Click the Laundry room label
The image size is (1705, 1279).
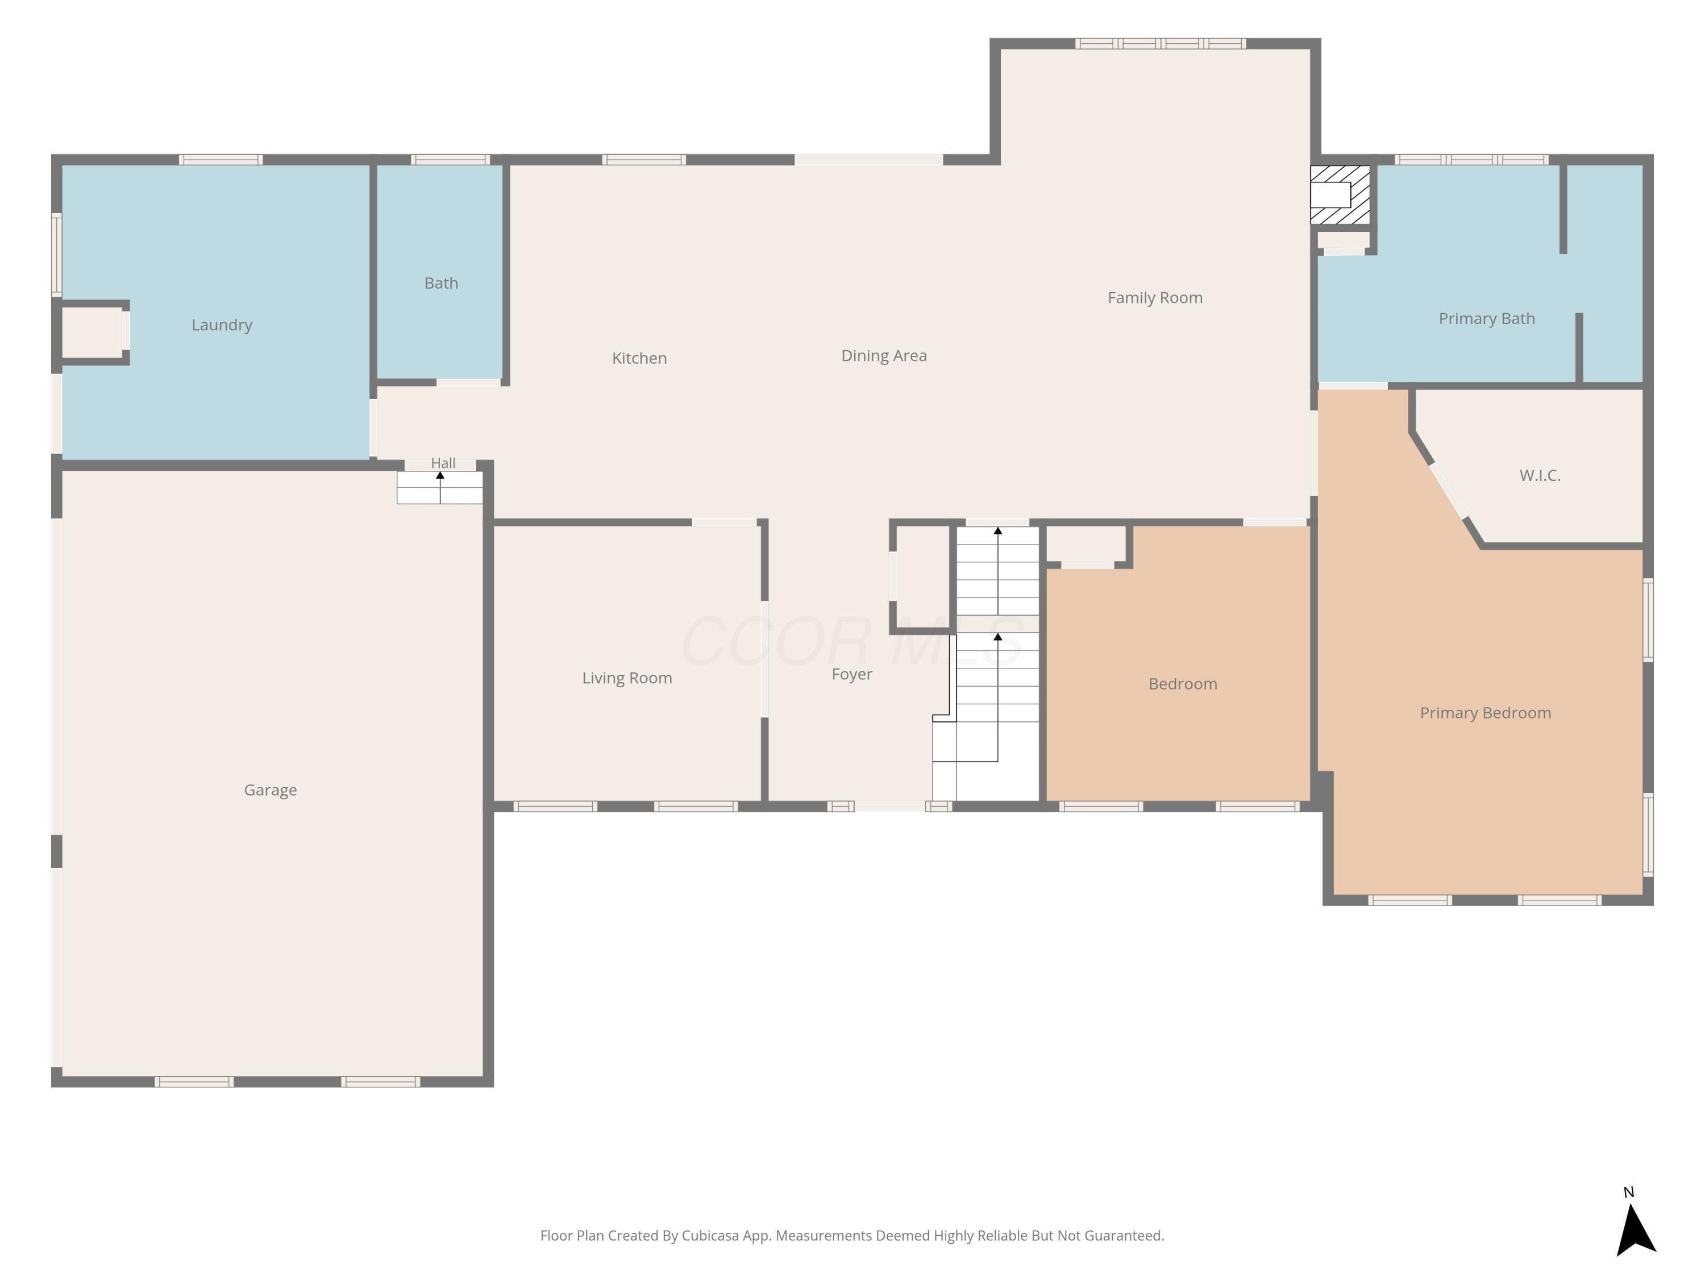coord(222,325)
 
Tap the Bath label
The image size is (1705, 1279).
coord(441,283)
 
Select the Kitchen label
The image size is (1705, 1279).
coord(639,358)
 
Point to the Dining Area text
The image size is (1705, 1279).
coord(884,355)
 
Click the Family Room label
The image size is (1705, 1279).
coord(1155,298)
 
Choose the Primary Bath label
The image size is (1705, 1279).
coord(1487,318)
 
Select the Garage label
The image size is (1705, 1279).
coord(271,790)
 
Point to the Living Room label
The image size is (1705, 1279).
coord(627,678)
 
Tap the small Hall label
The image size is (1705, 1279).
coord(443,463)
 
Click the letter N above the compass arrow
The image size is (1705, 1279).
coord(1629,1193)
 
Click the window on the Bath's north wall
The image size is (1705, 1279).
coord(450,160)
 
